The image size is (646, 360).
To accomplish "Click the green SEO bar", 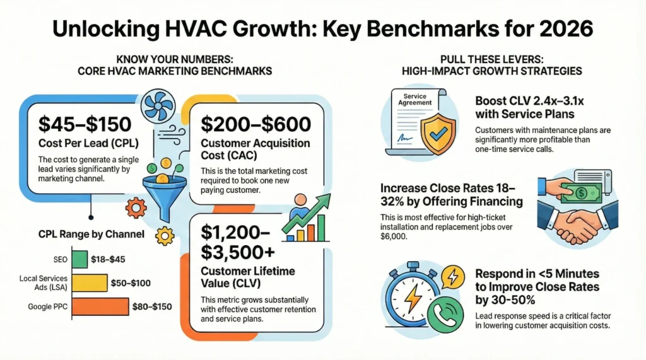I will (79, 259).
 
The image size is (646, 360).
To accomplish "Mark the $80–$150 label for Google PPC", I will (154, 308).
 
